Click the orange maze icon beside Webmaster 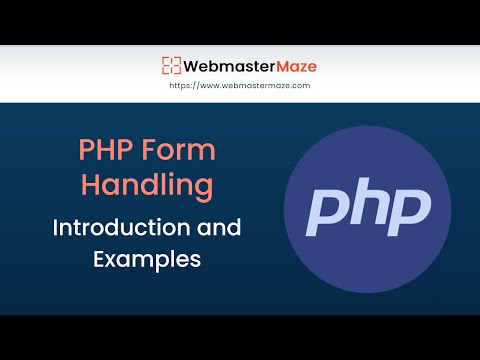pyautogui.click(x=171, y=67)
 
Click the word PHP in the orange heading pyautogui.click(x=102, y=152)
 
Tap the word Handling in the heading pyautogui.click(x=147, y=186)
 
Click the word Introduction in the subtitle pyautogui.click(x=119, y=227)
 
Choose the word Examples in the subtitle pyautogui.click(x=147, y=259)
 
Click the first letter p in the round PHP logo pyautogui.click(x=328, y=211)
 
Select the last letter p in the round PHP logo pyautogui.click(x=410, y=211)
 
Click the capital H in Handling pyautogui.click(x=90, y=186)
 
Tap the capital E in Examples pyautogui.click(x=100, y=259)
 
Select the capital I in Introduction pyautogui.click(x=57, y=227)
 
